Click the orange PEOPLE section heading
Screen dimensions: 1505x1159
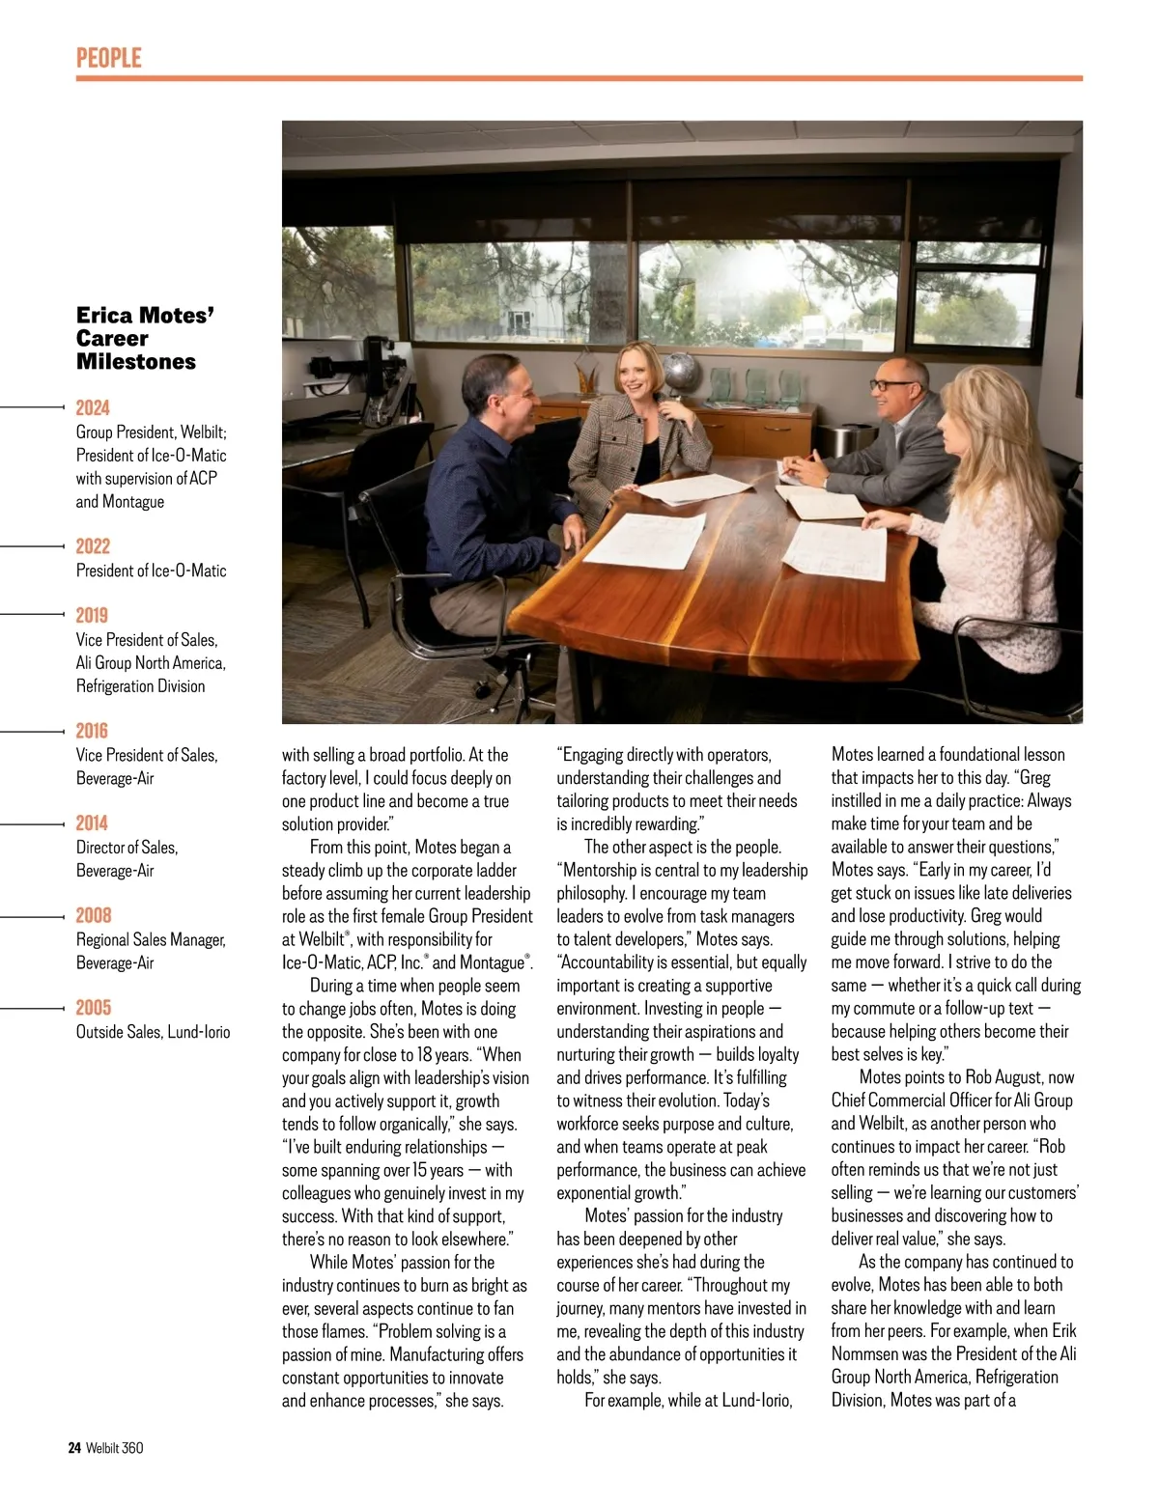109,58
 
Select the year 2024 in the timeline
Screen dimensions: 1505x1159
93,407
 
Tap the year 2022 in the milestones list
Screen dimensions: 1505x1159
93,546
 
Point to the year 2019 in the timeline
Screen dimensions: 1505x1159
92,615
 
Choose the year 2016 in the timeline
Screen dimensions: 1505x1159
92,731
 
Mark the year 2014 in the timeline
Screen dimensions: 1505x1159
92,822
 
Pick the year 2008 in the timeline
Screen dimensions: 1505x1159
94,915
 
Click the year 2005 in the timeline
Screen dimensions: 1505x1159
94,1007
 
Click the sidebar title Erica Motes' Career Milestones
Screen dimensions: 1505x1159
145,338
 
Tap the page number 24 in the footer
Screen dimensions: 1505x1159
74,1448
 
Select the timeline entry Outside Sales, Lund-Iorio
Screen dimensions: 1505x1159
154,1032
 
